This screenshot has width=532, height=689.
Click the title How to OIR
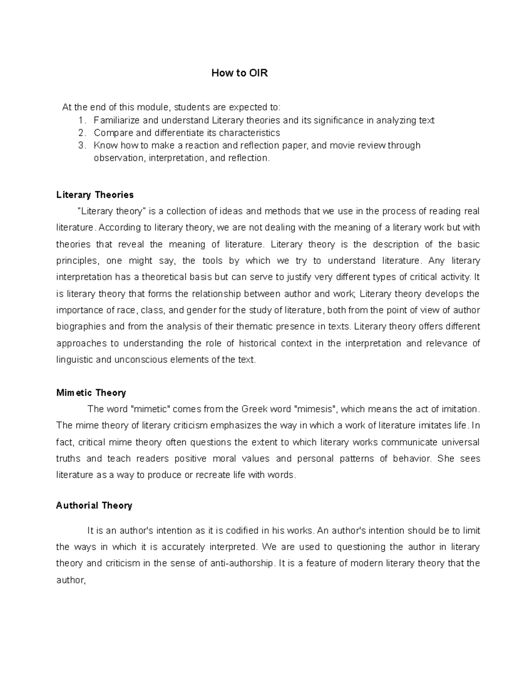239,73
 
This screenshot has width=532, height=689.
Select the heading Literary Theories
95,195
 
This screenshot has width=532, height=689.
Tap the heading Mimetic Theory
91,393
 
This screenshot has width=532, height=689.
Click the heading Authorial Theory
94,505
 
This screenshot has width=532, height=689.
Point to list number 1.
81,120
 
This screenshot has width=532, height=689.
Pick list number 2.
81,133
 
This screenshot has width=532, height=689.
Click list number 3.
81,145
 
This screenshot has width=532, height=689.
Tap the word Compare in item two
110,133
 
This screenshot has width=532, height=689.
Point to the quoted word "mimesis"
315,409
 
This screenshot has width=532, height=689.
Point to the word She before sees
446,458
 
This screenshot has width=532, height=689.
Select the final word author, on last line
70,580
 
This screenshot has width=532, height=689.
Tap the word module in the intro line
153,107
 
